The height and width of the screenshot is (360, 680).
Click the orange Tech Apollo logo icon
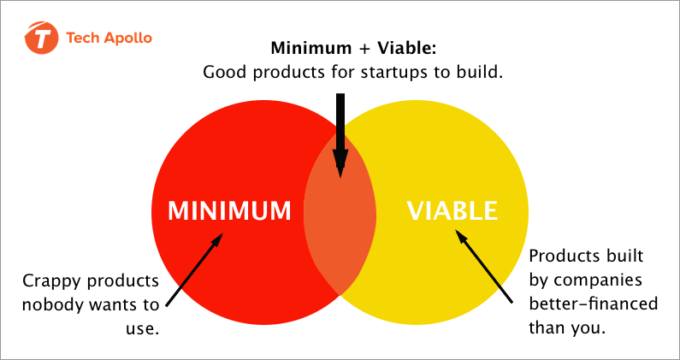coord(42,38)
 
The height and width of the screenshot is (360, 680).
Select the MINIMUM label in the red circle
coord(229,210)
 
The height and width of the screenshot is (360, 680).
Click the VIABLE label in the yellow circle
coord(452,210)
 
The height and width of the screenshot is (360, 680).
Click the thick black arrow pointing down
coord(340,135)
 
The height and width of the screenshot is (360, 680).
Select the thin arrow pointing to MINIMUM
coord(194,269)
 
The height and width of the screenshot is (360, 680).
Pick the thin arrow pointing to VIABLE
coord(483,266)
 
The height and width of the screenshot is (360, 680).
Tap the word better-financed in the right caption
coord(594,304)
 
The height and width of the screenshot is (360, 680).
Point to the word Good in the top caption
coord(225,72)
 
